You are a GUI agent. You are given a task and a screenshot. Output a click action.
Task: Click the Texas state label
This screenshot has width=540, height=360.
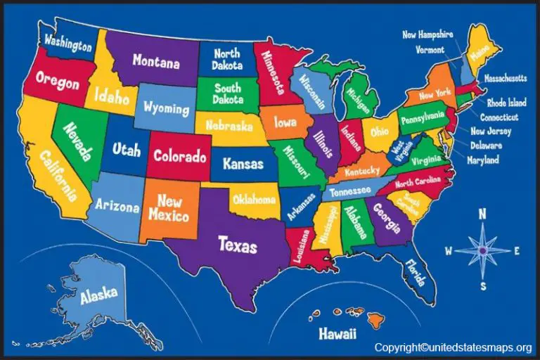[238, 246]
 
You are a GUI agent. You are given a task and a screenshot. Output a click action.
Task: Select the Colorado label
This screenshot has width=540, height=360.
[180, 156]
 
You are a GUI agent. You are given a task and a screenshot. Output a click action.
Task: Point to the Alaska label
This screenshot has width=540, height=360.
[98, 296]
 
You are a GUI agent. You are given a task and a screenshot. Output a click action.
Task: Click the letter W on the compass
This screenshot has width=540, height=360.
[449, 250]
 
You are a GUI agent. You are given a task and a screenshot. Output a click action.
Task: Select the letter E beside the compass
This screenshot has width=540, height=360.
[517, 250]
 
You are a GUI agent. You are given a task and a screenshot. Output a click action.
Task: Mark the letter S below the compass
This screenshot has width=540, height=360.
[483, 285]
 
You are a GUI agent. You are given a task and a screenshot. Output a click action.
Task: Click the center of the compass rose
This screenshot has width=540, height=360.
[483, 250]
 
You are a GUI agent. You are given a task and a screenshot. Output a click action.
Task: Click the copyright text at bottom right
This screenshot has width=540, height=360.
[453, 347]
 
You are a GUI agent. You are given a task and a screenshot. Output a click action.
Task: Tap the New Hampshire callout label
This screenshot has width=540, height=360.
[427, 34]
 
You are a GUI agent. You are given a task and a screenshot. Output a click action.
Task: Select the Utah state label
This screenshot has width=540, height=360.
[127, 149]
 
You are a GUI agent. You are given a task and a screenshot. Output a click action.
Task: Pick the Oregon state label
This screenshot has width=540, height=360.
[57, 82]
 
